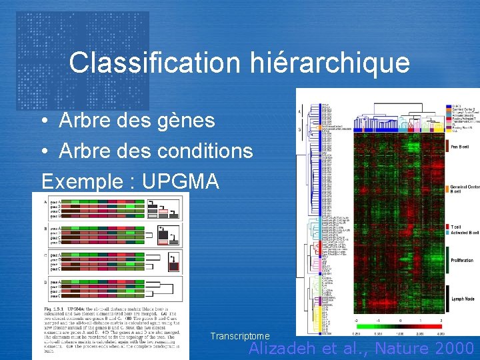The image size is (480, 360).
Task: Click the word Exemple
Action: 82,180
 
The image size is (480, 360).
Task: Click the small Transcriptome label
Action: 239,337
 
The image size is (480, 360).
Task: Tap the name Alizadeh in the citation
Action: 289,347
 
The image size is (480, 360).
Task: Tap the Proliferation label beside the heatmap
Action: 462,260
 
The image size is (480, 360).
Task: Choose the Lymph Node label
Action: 461,300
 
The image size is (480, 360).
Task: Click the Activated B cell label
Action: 463,233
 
